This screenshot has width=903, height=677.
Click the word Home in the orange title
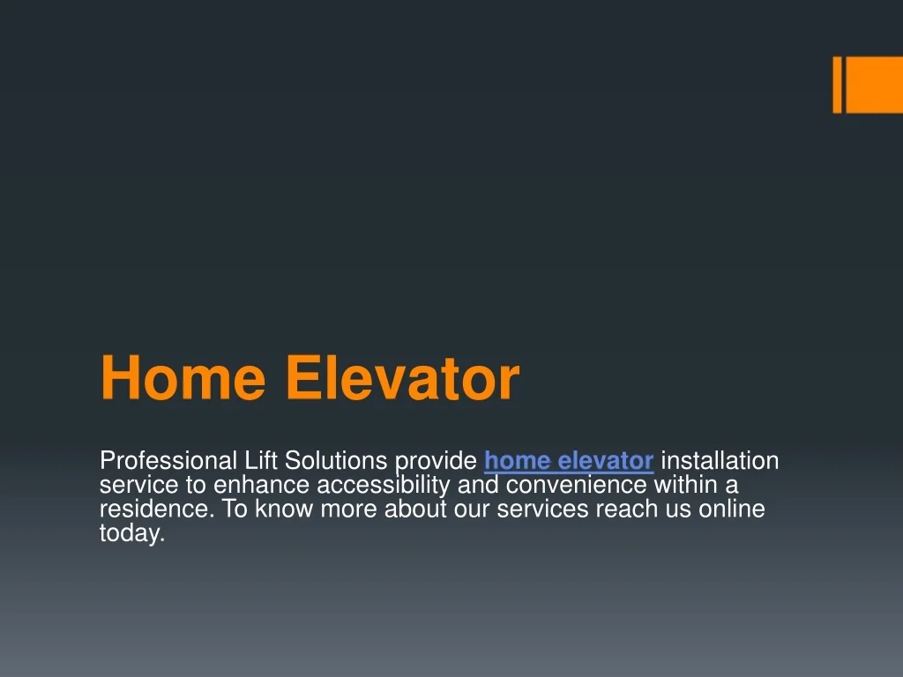[x=183, y=379]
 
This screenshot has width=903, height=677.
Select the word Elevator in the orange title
[x=402, y=379]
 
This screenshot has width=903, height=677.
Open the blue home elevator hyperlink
[x=569, y=461]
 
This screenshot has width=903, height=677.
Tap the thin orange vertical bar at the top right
[x=837, y=85]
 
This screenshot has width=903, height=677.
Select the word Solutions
[x=336, y=461]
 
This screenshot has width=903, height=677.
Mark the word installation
[x=720, y=461]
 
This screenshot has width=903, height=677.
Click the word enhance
[x=262, y=486]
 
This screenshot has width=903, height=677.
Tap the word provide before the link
[x=436, y=461]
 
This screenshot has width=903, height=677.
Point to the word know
[x=285, y=510]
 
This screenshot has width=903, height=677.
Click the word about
[x=417, y=510]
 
